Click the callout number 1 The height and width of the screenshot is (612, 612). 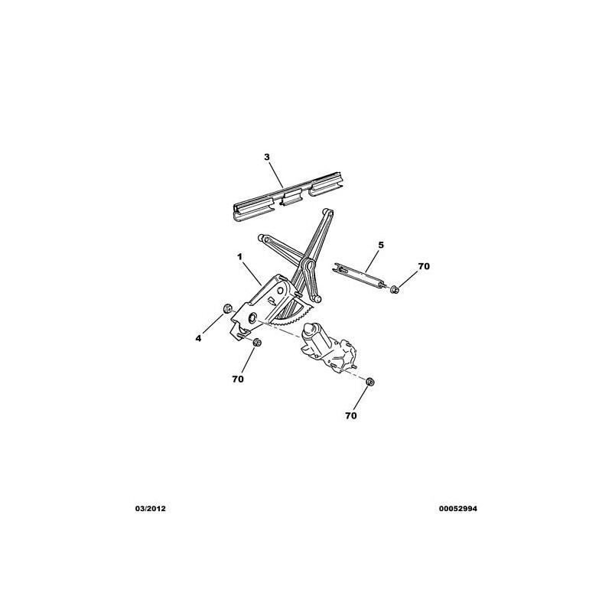click(x=240, y=257)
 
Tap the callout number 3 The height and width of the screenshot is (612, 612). click(x=267, y=157)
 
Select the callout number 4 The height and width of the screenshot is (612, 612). click(x=199, y=338)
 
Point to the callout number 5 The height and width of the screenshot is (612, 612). click(x=381, y=245)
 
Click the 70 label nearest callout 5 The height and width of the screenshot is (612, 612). click(x=424, y=266)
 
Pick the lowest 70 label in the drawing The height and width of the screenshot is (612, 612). click(x=351, y=415)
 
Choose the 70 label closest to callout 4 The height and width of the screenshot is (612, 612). click(x=238, y=379)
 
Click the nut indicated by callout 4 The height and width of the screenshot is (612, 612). click(x=226, y=309)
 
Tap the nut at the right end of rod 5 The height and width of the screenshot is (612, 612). click(x=394, y=290)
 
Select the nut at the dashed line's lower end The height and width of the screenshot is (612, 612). click(x=370, y=382)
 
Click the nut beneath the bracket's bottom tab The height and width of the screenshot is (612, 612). click(x=256, y=343)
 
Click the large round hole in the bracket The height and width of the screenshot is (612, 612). click(x=252, y=317)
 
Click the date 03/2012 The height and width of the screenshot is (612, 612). click(x=150, y=509)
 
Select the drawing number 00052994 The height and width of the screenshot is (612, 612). click(x=457, y=509)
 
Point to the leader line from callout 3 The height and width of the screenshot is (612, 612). click(x=276, y=174)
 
